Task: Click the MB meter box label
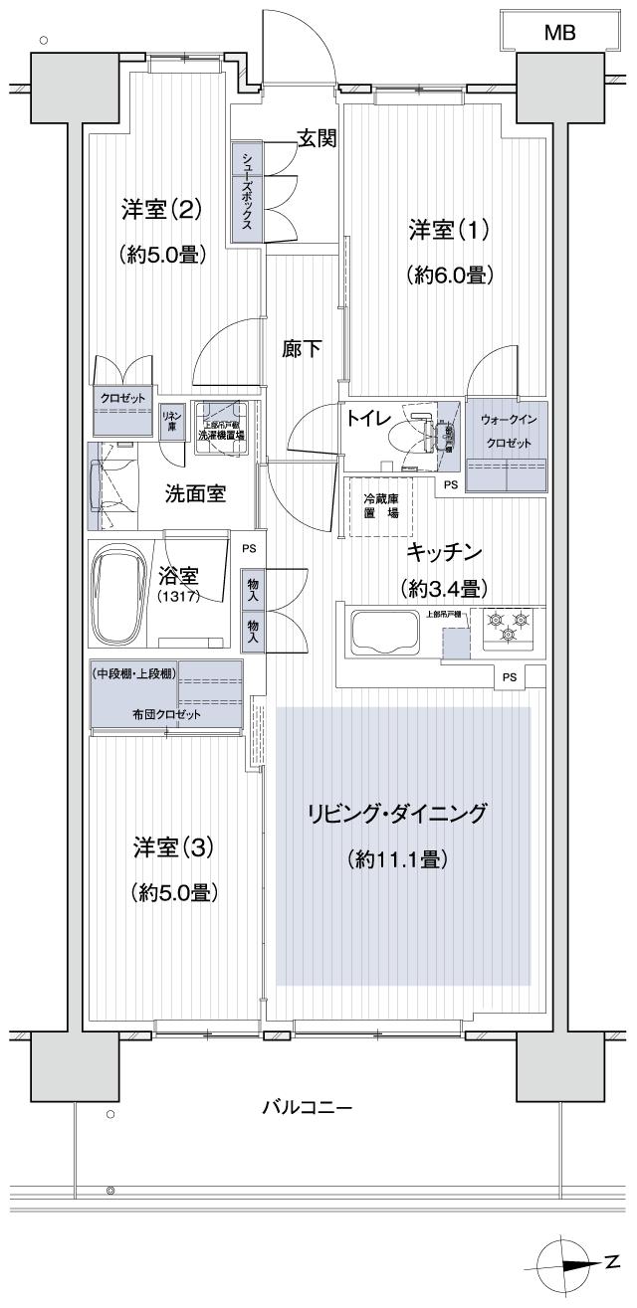pyautogui.click(x=560, y=34)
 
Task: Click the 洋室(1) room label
pyautogui.click(x=448, y=232)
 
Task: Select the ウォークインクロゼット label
pyautogui.click(x=506, y=430)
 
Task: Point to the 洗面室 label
pyautogui.click(x=194, y=491)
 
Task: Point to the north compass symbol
pyautogui.click(x=562, y=1261)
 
